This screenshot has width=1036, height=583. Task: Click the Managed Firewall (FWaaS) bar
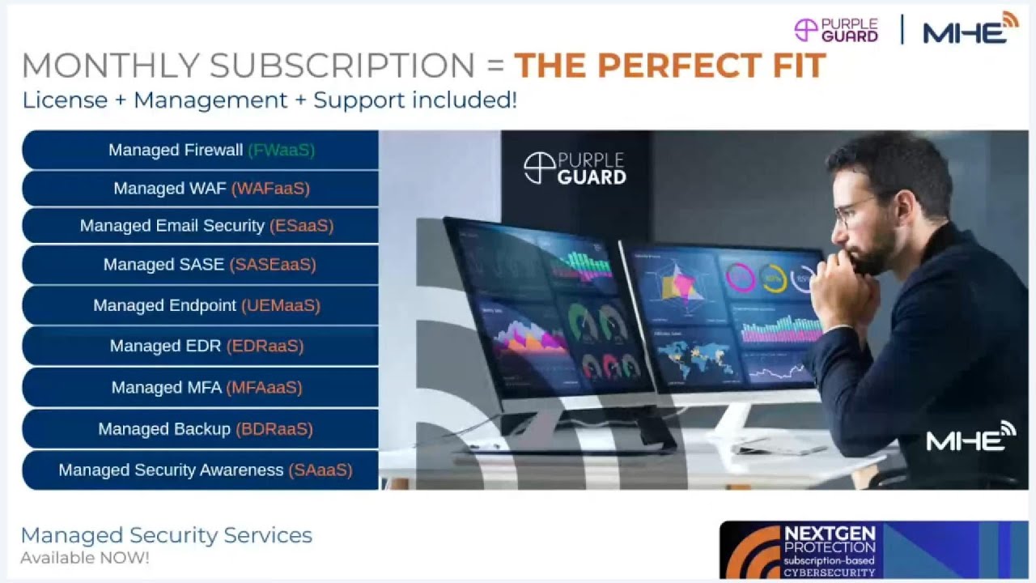coord(201,150)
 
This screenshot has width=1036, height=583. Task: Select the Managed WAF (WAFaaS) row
coord(201,189)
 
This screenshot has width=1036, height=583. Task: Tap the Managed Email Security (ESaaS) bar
coord(201,226)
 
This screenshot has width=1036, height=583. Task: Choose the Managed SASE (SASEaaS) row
coord(201,265)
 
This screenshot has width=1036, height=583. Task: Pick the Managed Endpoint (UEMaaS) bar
coord(201,305)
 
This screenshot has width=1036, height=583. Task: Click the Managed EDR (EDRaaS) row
coord(201,346)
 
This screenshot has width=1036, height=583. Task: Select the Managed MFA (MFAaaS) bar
coord(201,387)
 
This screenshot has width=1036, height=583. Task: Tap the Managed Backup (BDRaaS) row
coord(201,428)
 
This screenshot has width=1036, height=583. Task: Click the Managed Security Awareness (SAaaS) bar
coord(201,470)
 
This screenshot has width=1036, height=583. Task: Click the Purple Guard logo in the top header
coord(836,30)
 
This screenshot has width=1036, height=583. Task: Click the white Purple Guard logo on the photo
coord(575,168)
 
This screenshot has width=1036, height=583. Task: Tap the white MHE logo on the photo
coord(970,437)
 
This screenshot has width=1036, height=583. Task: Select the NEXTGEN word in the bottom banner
coord(829,534)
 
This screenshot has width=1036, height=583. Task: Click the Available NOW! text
coord(85,558)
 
